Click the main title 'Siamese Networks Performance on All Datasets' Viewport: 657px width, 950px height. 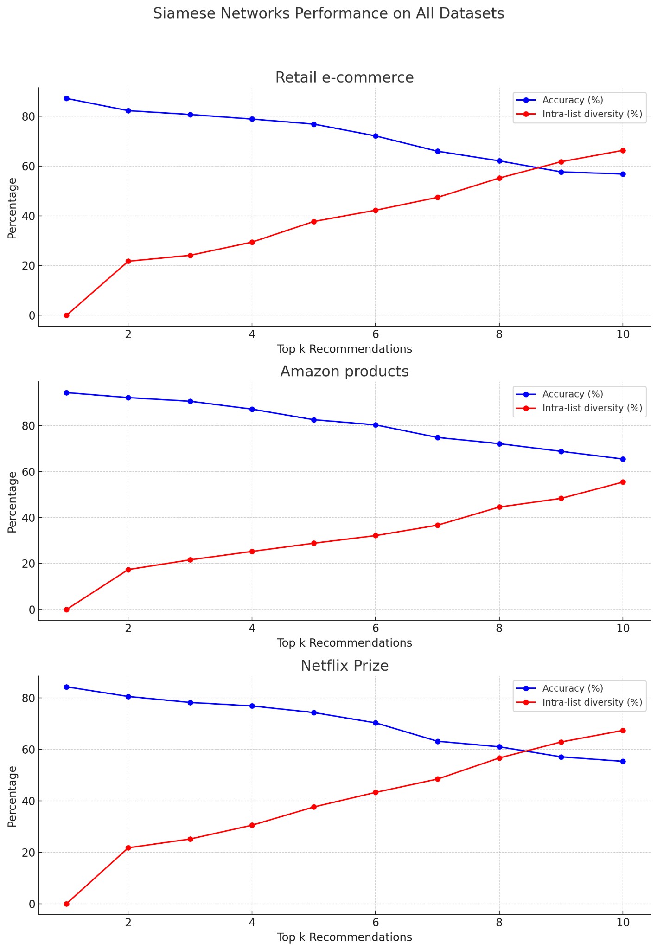coord(328,13)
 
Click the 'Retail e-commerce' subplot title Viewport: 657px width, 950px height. coord(344,77)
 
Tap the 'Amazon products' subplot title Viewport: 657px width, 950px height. coord(344,372)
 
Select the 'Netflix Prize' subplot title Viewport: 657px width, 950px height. coord(344,666)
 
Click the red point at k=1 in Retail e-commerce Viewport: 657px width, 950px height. coord(66,315)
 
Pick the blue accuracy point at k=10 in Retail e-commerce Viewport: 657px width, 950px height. coord(623,174)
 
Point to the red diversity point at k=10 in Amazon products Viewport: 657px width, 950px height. coord(623,482)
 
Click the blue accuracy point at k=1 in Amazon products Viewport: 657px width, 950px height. coord(66,392)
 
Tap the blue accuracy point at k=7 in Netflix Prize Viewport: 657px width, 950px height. coord(437,741)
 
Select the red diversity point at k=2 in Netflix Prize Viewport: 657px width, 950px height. coord(128,848)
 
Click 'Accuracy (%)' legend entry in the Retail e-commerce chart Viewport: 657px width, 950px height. coord(572,100)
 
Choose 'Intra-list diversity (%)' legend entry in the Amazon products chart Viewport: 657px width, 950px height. coord(592,408)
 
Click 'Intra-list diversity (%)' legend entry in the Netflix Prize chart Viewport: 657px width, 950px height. coord(592,702)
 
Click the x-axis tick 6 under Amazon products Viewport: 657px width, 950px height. coord(376,628)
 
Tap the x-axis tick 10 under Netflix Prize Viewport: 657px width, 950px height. coord(623,922)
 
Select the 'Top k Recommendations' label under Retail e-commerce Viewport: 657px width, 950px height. coord(344,349)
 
